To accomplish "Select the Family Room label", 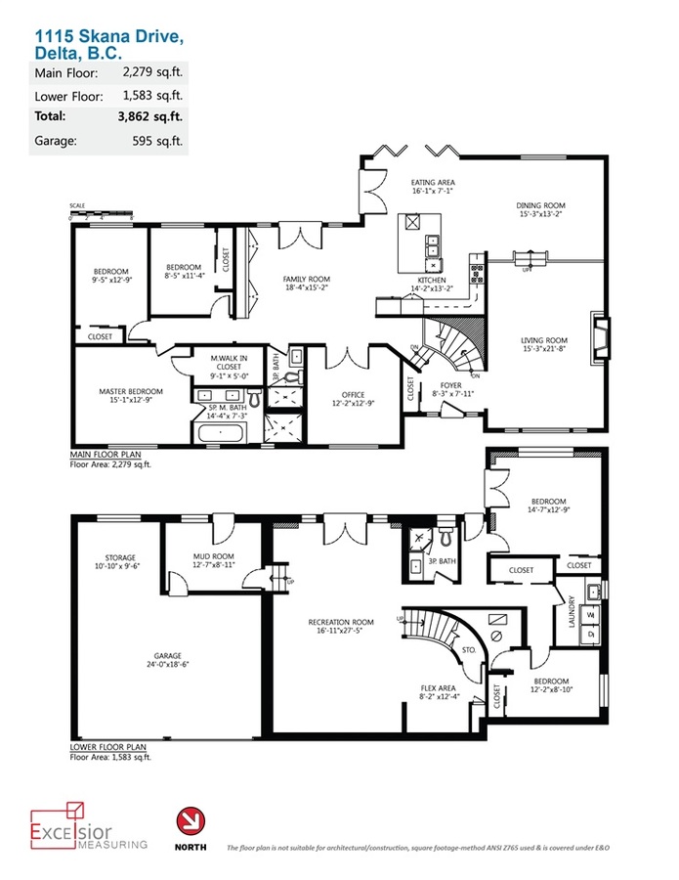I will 306,283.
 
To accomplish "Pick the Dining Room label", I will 541,210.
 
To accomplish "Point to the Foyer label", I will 452,388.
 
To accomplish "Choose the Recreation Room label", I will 341,626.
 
